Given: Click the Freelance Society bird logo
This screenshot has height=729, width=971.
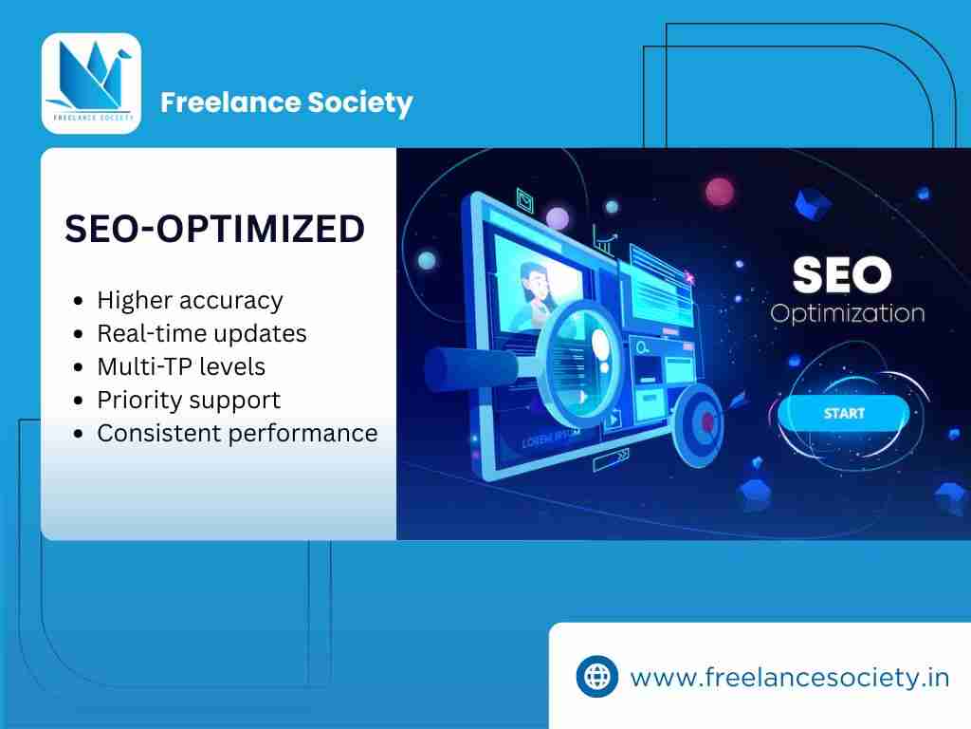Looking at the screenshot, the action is [x=91, y=84].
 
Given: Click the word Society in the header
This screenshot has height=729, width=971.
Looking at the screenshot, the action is [x=359, y=103].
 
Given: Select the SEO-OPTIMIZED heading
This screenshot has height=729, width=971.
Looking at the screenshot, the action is [x=215, y=228].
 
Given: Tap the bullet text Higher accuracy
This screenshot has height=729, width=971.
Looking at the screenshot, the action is [x=190, y=301].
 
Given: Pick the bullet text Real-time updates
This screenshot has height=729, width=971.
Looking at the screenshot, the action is [x=202, y=333].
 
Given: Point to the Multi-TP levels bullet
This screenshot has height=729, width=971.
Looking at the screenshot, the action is [x=181, y=366].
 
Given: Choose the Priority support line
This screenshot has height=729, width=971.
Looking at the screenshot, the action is [x=189, y=401].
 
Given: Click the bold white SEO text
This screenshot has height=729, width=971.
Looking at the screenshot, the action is [x=842, y=274].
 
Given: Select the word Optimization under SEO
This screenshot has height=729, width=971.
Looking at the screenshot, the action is [x=847, y=313].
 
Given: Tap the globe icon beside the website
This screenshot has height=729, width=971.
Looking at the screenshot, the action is [x=597, y=676].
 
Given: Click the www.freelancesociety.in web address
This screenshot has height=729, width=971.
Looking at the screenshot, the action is [x=790, y=677].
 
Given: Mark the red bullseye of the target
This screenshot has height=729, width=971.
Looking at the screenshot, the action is [x=707, y=422].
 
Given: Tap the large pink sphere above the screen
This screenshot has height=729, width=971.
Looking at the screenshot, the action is [x=720, y=192].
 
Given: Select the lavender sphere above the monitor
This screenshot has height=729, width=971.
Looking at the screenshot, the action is [x=558, y=219].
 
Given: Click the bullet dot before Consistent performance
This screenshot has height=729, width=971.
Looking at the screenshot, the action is [x=78, y=433].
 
